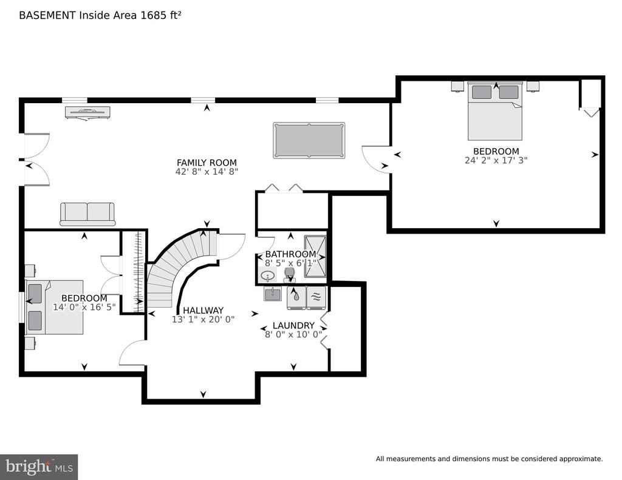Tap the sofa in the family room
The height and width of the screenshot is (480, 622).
[87, 214]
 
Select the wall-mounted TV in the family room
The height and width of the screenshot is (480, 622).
[87, 113]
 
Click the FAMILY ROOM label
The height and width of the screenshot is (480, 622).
[207, 163]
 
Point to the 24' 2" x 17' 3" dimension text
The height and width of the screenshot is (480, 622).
[496, 160]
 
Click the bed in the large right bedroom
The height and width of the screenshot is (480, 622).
[495, 111]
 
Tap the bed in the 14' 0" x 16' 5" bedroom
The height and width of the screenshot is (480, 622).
[55, 307]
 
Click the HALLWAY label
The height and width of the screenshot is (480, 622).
[203, 310]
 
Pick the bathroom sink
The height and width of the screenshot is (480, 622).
[269, 275]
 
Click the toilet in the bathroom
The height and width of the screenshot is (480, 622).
[290, 275]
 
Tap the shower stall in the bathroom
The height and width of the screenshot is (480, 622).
[315, 257]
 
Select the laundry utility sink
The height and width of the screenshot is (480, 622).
[273, 294]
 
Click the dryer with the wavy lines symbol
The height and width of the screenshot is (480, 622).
[316, 297]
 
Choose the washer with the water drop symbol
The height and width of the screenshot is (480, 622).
[296, 297]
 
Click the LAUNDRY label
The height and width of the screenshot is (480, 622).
[293, 325]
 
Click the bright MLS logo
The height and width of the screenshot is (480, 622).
[39, 467]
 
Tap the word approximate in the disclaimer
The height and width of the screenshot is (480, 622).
[581, 459]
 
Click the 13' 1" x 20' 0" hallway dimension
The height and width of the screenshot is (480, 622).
[203, 319]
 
